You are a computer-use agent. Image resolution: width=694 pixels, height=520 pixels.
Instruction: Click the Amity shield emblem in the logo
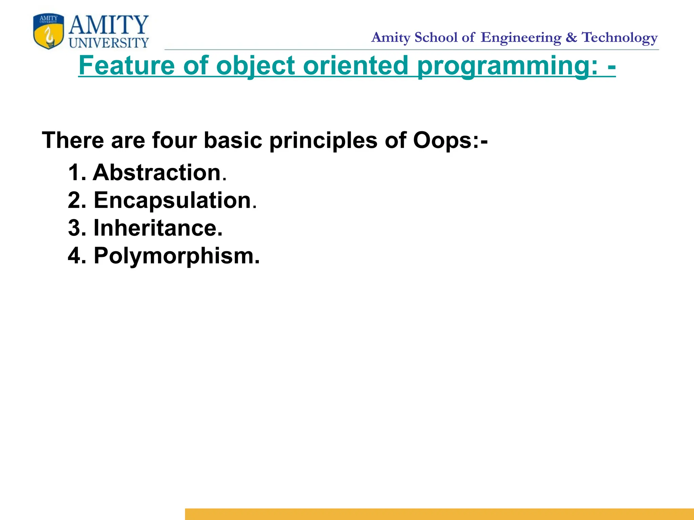pos(48,31)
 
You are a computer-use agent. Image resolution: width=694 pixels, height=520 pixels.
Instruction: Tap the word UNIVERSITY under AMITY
pos(109,43)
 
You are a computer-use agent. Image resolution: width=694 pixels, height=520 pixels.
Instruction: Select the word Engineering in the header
pos(521,38)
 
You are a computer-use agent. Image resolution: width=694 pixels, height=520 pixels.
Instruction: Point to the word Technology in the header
pos(620,38)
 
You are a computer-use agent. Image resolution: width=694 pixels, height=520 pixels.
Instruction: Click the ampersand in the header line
pos(571,37)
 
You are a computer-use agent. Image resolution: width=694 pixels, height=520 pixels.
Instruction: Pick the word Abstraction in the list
pos(157,173)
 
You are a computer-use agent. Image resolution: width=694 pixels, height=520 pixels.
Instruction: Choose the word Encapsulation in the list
pos(172,200)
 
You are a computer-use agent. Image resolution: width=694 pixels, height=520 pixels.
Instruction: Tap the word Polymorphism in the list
pos(174,256)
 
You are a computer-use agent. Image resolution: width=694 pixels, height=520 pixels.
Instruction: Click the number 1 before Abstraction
pos(74,173)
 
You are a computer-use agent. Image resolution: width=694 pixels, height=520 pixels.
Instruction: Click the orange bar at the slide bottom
pos(439,514)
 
